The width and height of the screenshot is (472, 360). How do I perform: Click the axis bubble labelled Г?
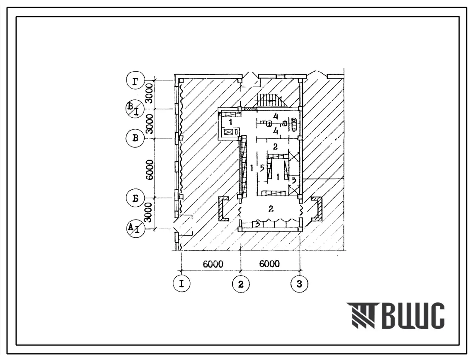[x=136, y=81]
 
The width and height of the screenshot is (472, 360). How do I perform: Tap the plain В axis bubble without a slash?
[x=136, y=138]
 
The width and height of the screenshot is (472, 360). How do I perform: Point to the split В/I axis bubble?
[x=134, y=109]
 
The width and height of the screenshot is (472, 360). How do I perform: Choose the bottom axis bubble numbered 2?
[x=240, y=284]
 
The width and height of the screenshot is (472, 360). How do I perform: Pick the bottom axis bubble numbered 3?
[x=299, y=283]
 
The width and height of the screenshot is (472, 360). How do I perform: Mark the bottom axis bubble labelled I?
[x=182, y=284]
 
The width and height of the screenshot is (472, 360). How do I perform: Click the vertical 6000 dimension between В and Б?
[x=150, y=170]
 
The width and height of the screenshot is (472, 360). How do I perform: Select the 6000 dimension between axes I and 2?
[x=213, y=264]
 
